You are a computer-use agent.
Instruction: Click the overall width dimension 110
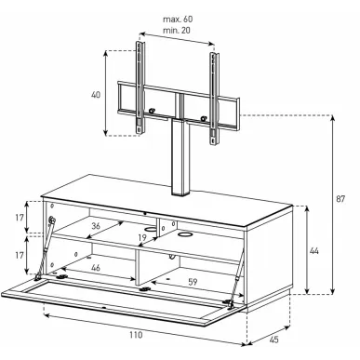coord(136,335)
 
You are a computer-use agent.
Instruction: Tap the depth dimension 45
coord(273,340)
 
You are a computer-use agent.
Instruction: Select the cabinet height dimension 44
coord(314,251)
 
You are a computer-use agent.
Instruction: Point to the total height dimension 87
coord(340,199)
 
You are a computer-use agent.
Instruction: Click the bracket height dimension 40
coord(96,95)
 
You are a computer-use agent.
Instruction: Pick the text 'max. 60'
coord(178,20)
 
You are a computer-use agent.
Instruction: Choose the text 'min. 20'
coord(177,31)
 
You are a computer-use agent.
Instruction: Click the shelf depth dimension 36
coord(96,226)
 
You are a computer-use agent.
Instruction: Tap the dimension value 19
coord(142,238)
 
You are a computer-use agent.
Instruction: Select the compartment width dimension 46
coord(96,267)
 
